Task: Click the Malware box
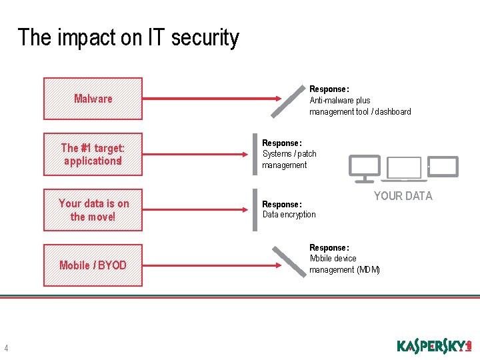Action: click(x=93, y=99)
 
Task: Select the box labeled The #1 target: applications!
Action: click(x=93, y=155)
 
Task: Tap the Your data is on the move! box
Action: click(x=93, y=210)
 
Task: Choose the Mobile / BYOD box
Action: click(x=93, y=265)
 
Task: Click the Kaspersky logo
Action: click(x=433, y=346)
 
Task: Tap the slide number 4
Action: click(x=6, y=348)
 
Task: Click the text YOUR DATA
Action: click(x=403, y=196)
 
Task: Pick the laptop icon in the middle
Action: click(x=405, y=169)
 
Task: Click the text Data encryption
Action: click(x=289, y=215)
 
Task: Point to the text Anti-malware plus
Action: click(x=339, y=101)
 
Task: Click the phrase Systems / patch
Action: click(x=289, y=154)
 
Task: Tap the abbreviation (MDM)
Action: click(x=368, y=270)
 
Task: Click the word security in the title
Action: click(x=205, y=37)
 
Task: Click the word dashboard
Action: click(x=393, y=112)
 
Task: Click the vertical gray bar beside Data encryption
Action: click(x=255, y=210)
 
